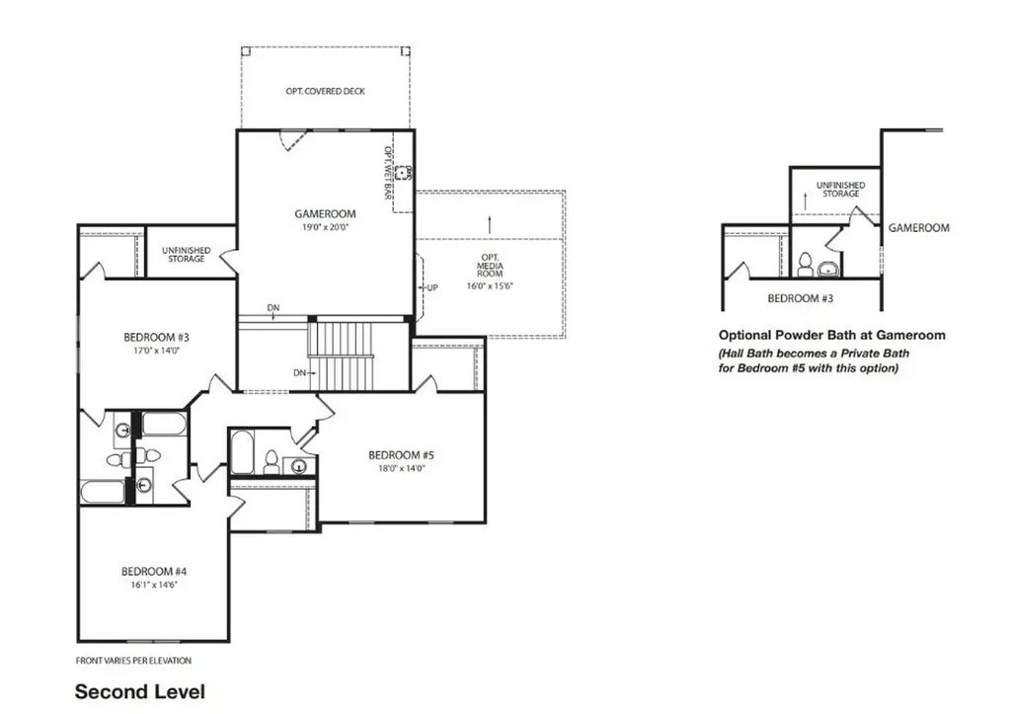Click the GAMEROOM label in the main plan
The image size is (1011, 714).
[x=325, y=213]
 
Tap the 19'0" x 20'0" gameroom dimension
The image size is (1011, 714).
[x=325, y=228]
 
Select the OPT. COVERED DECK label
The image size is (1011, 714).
[x=326, y=92]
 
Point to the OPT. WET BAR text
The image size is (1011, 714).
[x=389, y=172]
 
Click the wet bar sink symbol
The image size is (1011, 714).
[x=404, y=173]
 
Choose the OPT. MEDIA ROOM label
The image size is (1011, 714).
[x=490, y=266]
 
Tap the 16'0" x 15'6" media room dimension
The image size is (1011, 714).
[x=490, y=285]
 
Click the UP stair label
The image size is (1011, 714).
[x=432, y=287]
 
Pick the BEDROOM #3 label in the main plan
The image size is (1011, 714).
[x=157, y=338]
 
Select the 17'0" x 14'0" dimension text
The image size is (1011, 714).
[x=156, y=351]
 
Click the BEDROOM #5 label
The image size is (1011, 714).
[x=401, y=455]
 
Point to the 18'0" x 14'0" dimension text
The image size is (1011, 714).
[x=402, y=469]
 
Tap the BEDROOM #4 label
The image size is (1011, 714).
[x=154, y=572]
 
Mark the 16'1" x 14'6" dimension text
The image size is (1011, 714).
[x=154, y=585]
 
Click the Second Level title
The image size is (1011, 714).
[x=140, y=692]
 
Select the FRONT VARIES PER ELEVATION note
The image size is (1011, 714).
[x=133, y=661]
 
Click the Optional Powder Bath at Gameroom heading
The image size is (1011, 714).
[x=831, y=336]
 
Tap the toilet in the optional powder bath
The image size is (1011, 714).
[x=806, y=265]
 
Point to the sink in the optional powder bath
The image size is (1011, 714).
[x=828, y=269]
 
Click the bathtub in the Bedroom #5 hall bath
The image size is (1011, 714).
[x=242, y=452]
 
